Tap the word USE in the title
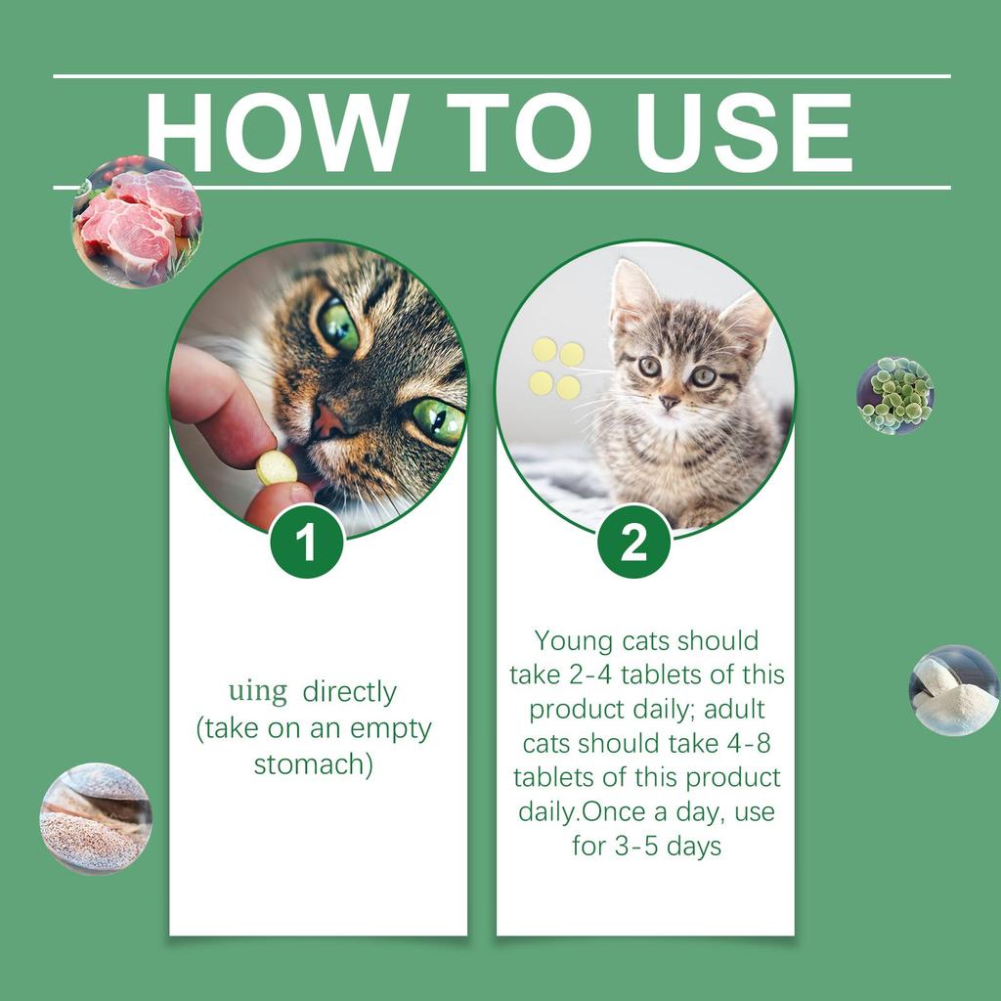[744, 133]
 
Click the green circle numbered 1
[306, 543]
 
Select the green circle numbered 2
[633, 543]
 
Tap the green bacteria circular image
[894, 395]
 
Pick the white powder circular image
[953, 690]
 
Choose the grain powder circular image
[96, 818]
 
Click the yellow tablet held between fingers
[276, 468]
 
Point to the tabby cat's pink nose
[328, 421]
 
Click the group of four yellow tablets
[557, 369]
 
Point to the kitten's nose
[669, 401]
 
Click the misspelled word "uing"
[258, 692]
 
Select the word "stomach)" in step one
[313, 764]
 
